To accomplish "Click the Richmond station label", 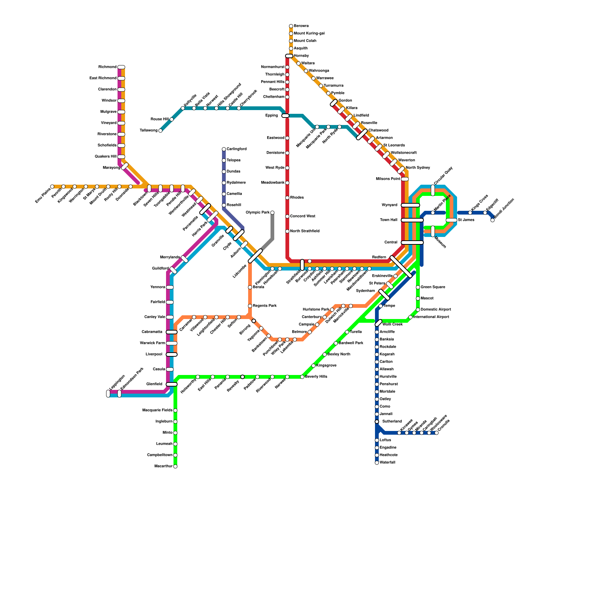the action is click(107, 67).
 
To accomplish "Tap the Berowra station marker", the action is click(291, 26).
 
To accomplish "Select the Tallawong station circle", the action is click(160, 131).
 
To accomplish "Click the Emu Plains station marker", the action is click(52, 187).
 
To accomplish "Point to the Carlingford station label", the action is click(237, 149).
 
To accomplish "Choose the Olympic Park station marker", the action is click(272, 213).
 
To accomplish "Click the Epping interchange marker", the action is click(285, 116).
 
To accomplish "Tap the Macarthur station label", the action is click(163, 466).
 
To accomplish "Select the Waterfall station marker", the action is click(377, 463).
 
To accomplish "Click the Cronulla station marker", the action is click(437, 433).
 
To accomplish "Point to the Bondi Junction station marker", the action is click(493, 220).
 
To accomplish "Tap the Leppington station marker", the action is click(108, 394).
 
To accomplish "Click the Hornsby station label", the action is click(301, 56).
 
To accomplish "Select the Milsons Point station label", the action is click(388, 179).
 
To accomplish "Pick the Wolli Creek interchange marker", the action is click(379, 323).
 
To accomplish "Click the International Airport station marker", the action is click(410, 317).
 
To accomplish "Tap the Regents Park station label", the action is click(265, 306).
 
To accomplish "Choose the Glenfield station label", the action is click(154, 384).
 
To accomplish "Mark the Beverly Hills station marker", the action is click(302, 377).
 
